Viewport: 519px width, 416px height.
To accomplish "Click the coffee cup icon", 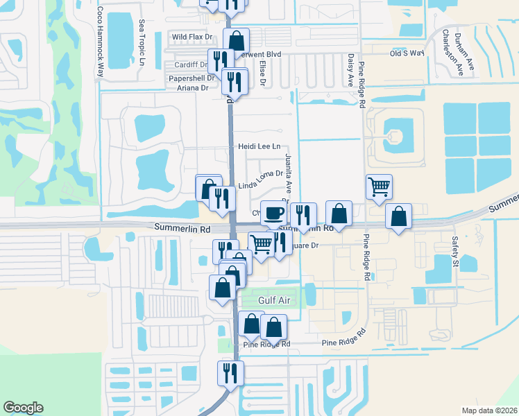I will pyautogui.click(x=273, y=211).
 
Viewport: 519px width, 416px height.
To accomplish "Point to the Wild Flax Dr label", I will pyautogui.click(x=192, y=37).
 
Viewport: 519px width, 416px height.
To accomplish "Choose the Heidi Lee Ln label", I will pyautogui.click(x=259, y=146).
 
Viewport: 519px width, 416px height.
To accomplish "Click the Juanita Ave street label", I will pyautogui.click(x=288, y=174).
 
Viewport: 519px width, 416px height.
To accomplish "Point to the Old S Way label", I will pyautogui.click(x=407, y=53).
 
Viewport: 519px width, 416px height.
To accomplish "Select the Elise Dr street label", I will pyautogui.click(x=263, y=72).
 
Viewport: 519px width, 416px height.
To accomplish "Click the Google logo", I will pyautogui.click(x=23, y=408).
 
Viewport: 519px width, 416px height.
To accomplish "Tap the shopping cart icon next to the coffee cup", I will pyautogui.click(x=261, y=243).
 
